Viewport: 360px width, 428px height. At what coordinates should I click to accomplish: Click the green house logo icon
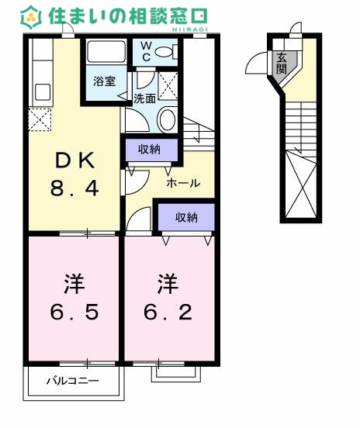31,16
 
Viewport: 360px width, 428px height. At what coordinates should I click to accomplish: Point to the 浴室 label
106,80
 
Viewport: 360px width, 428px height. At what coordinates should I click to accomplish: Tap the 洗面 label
144,98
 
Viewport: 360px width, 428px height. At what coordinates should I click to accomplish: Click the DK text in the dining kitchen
76,160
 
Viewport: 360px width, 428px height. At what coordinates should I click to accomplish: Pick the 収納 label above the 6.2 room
186,218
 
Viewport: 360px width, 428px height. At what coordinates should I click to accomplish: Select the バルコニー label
72,381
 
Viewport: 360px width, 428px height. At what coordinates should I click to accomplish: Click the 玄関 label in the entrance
280,61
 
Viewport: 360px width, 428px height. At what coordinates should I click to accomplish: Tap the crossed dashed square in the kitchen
40,119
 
